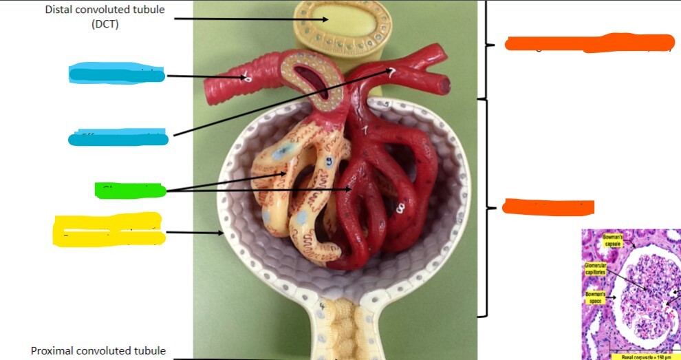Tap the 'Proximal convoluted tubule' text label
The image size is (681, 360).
[98, 351]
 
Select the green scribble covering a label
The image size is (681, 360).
[129, 190]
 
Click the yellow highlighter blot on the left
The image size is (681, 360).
[109, 230]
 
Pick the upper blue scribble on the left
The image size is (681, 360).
[117, 73]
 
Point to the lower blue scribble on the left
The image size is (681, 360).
[118, 138]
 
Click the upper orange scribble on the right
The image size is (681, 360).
[589, 43]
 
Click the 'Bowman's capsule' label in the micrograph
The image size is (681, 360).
[613, 241]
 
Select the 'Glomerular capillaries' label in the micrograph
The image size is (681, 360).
[596, 268]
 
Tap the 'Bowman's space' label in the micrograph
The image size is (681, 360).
[595, 297]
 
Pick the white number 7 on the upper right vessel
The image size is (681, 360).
[391, 74]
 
